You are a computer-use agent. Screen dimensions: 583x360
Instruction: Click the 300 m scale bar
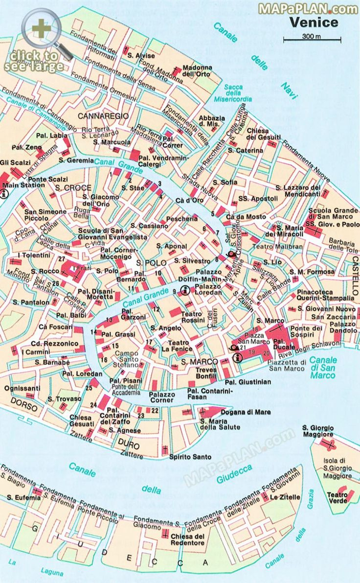click(312, 39)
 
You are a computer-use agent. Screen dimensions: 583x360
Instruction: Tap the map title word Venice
click(314, 22)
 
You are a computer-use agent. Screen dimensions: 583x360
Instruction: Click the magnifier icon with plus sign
click(41, 29)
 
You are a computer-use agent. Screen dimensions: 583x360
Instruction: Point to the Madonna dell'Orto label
click(197, 70)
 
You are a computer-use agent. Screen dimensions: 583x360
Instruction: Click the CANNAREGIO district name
click(103, 116)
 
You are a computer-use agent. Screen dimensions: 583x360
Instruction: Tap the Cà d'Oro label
click(189, 200)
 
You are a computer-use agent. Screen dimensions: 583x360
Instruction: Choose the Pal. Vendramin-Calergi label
click(163, 161)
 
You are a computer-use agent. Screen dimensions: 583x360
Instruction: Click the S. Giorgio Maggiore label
click(318, 431)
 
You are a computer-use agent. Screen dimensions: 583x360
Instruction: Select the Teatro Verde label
click(337, 497)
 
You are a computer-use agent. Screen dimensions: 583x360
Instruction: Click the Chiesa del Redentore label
click(187, 539)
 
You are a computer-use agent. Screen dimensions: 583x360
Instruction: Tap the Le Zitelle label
click(285, 497)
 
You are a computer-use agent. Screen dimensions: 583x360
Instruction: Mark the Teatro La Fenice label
click(180, 346)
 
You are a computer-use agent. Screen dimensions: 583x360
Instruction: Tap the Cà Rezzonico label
click(54, 343)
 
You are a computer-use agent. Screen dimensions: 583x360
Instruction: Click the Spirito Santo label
click(190, 457)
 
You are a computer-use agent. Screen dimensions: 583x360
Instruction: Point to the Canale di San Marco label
click(323, 367)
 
